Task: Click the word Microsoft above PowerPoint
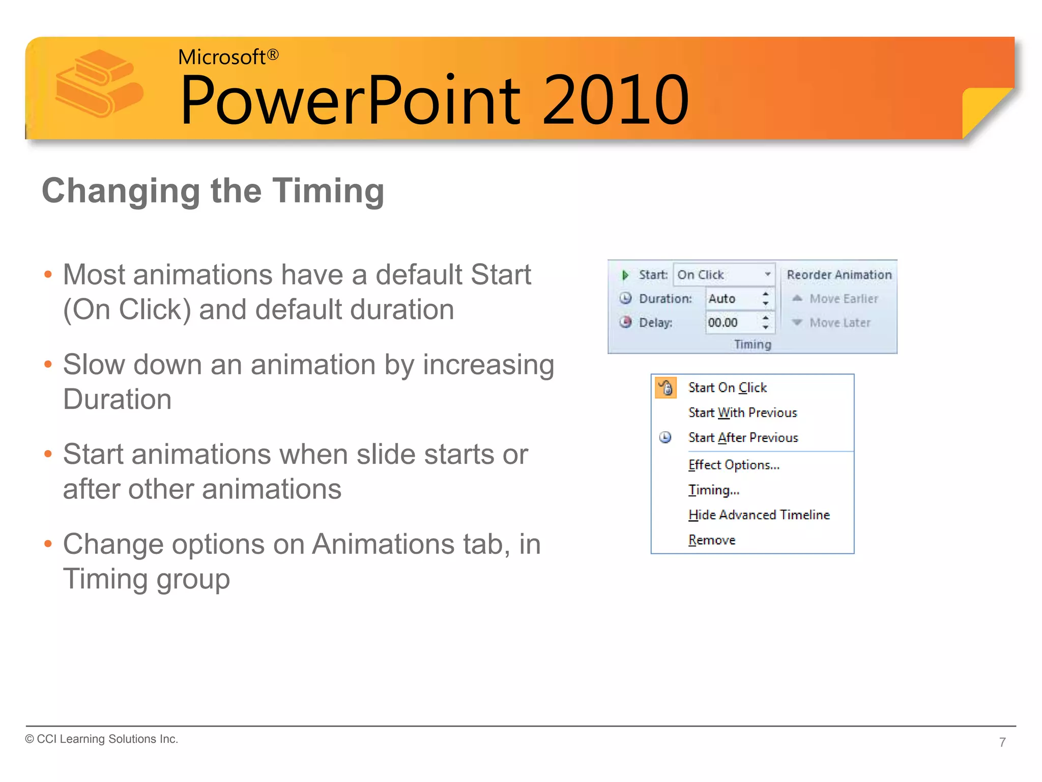[x=221, y=57]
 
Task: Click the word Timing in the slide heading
[x=328, y=191]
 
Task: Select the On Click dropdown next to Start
[x=723, y=275]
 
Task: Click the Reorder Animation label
[x=839, y=275]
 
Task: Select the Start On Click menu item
[x=727, y=388]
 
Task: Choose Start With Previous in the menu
[x=742, y=413]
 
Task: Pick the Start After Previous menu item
[x=743, y=438]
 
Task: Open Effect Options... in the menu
[x=733, y=465]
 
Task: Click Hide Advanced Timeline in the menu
[x=759, y=515]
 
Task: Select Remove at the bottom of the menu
[x=712, y=540]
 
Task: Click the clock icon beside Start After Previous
[x=665, y=438]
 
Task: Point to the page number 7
[x=1002, y=742]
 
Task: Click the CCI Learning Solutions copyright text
[x=102, y=739]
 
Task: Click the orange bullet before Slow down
[x=48, y=365]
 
